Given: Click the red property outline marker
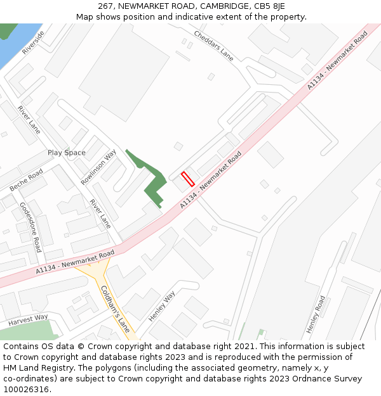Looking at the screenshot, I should click(x=187, y=179).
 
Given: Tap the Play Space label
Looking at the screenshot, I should click(x=66, y=153).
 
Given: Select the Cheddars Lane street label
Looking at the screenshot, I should click(x=214, y=46).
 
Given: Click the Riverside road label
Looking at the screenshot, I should click(x=34, y=42).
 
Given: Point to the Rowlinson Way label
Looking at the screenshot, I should click(x=98, y=167).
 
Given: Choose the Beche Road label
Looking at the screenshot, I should click(x=26, y=181).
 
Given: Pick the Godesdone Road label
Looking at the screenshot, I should click(x=30, y=227).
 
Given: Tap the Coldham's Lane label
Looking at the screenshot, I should click(x=115, y=309).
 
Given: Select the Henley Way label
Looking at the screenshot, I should click(x=161, y=306).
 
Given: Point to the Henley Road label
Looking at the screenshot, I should click(x=316, y=314).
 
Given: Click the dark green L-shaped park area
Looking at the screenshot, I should click(x=153, y=184).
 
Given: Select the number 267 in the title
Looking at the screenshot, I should click(x=105, y=6).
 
